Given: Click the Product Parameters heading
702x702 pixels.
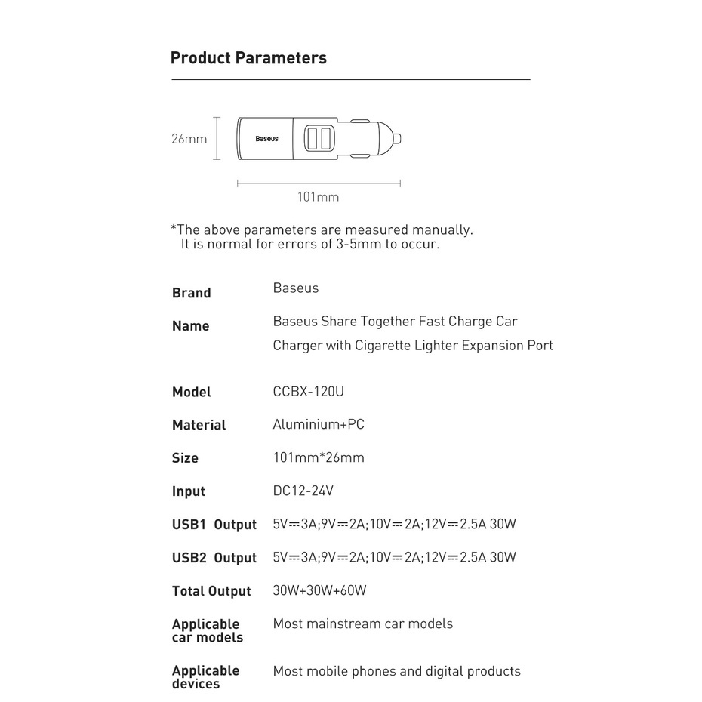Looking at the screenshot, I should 248,58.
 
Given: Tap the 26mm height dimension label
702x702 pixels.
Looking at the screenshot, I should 189,139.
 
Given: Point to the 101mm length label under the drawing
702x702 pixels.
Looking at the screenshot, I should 318,197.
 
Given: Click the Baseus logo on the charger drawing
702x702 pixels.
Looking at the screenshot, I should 266,139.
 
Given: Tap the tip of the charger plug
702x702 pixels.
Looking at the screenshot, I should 400,138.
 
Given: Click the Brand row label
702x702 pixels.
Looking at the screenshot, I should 192,293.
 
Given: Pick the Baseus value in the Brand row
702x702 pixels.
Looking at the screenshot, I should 295,288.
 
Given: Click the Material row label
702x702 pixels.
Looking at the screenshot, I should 199,425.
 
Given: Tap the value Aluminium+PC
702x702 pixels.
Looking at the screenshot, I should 318,424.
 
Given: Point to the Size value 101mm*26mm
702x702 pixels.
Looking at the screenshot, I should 318,457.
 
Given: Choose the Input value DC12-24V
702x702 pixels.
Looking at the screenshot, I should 303,491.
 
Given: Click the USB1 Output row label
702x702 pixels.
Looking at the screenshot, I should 214,525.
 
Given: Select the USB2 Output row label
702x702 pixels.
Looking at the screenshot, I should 214,558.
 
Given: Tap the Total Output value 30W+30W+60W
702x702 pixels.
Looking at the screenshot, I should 319,590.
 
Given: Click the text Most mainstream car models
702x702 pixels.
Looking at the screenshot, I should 362,623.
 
